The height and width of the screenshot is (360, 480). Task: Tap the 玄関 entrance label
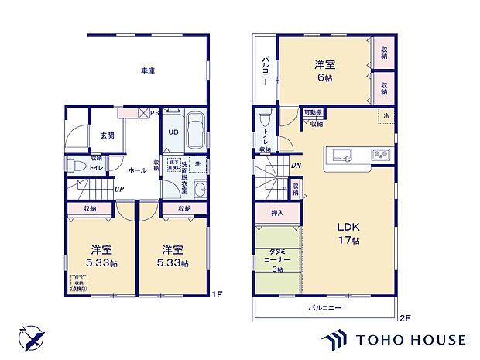point(106,135)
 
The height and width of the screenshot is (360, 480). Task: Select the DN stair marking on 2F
point(295,165)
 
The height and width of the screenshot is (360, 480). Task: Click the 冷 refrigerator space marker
point(385,115)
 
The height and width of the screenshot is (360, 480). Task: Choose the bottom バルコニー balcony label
point(325,307)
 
